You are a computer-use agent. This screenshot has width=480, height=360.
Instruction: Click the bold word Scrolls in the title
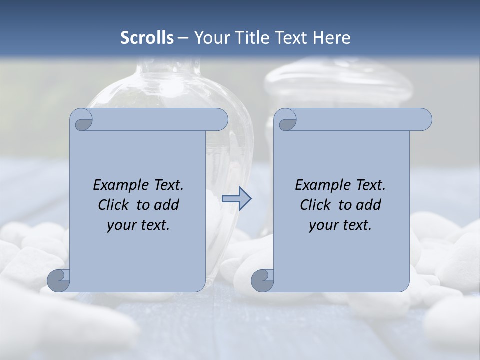coord(147,38)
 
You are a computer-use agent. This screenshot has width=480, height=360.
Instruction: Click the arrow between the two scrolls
coord(236,199)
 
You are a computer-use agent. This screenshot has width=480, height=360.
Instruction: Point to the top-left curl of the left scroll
coord(82,120)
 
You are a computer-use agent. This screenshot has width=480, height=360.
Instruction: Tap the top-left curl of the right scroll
coord(286,120)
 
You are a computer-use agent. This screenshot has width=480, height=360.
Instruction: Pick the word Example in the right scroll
coord(321,185)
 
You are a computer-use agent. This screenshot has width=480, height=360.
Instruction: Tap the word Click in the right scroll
coord(315,205)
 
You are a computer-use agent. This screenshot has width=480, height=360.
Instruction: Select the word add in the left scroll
coord(167,205)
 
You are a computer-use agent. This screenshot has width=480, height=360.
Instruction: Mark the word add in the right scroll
coord(369,205)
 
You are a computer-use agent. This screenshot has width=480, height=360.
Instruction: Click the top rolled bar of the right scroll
coord(360,120)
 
